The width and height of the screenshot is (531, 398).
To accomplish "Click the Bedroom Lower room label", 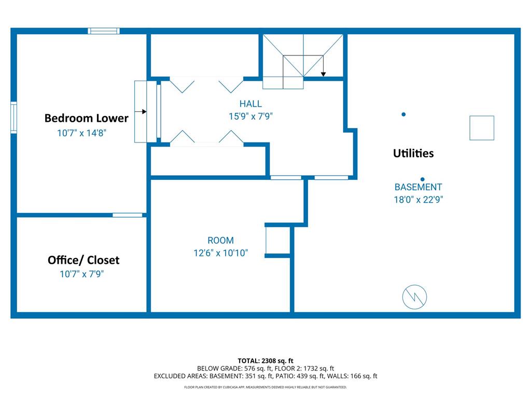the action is [87, 118].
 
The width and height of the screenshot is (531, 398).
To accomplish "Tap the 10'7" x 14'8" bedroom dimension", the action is [81, 133].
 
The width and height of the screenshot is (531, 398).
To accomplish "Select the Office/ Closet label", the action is [83, 260].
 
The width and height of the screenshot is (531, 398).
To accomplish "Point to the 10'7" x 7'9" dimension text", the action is [81, 274].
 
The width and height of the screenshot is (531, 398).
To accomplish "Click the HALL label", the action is [250, 104].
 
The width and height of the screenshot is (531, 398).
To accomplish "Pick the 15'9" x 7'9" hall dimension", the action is [250, 116].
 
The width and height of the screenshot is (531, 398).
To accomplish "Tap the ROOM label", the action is [220, 240].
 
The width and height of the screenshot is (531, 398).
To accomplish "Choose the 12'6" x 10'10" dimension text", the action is [220, 253].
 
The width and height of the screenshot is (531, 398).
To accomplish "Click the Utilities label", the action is [413, 153].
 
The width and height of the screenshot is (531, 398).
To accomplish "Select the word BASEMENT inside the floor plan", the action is [418, 187].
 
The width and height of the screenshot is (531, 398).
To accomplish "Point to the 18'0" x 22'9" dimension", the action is [418, 200].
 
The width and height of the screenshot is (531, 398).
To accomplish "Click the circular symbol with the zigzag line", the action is [414, 297].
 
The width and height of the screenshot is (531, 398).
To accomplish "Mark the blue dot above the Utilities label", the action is [403, 115].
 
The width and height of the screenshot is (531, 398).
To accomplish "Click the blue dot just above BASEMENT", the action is [422, 179].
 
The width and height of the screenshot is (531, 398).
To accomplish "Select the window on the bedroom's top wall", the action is [104, 31].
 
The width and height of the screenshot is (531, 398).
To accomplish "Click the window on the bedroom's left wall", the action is [13, 118].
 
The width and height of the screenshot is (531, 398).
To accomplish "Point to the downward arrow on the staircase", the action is [324, 66].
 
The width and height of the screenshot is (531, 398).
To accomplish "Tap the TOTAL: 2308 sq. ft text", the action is [265, 361].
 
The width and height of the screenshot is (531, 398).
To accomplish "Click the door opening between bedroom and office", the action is [128, 215].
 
